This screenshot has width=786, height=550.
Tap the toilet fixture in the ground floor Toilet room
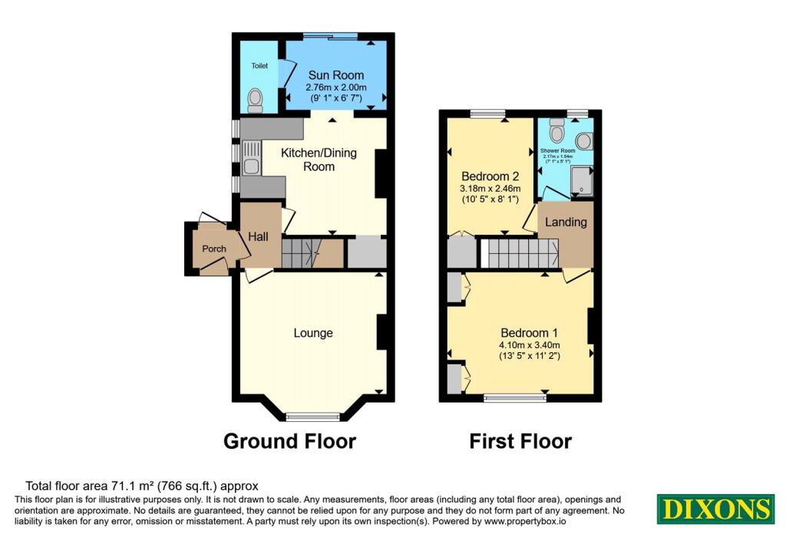256,98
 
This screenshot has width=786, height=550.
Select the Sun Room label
336,75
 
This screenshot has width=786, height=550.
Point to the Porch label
213,249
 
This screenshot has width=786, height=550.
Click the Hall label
258,237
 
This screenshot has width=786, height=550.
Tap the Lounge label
313,333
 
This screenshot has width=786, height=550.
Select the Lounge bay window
313,417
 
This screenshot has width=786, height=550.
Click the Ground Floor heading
289,442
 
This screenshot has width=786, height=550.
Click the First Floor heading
520,442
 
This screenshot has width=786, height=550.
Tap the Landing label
566,222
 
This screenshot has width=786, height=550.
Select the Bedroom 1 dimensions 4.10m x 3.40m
529,345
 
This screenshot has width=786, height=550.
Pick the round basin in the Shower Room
584,140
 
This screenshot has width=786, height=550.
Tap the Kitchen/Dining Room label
319,160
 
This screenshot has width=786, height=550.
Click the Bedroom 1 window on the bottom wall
513,397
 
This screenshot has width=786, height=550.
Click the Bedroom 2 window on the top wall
483,114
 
